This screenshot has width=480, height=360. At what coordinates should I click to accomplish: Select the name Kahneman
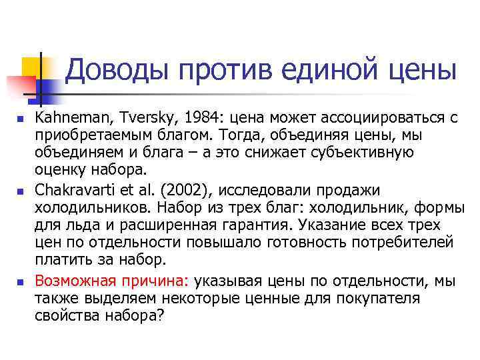(x=73, y=118)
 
